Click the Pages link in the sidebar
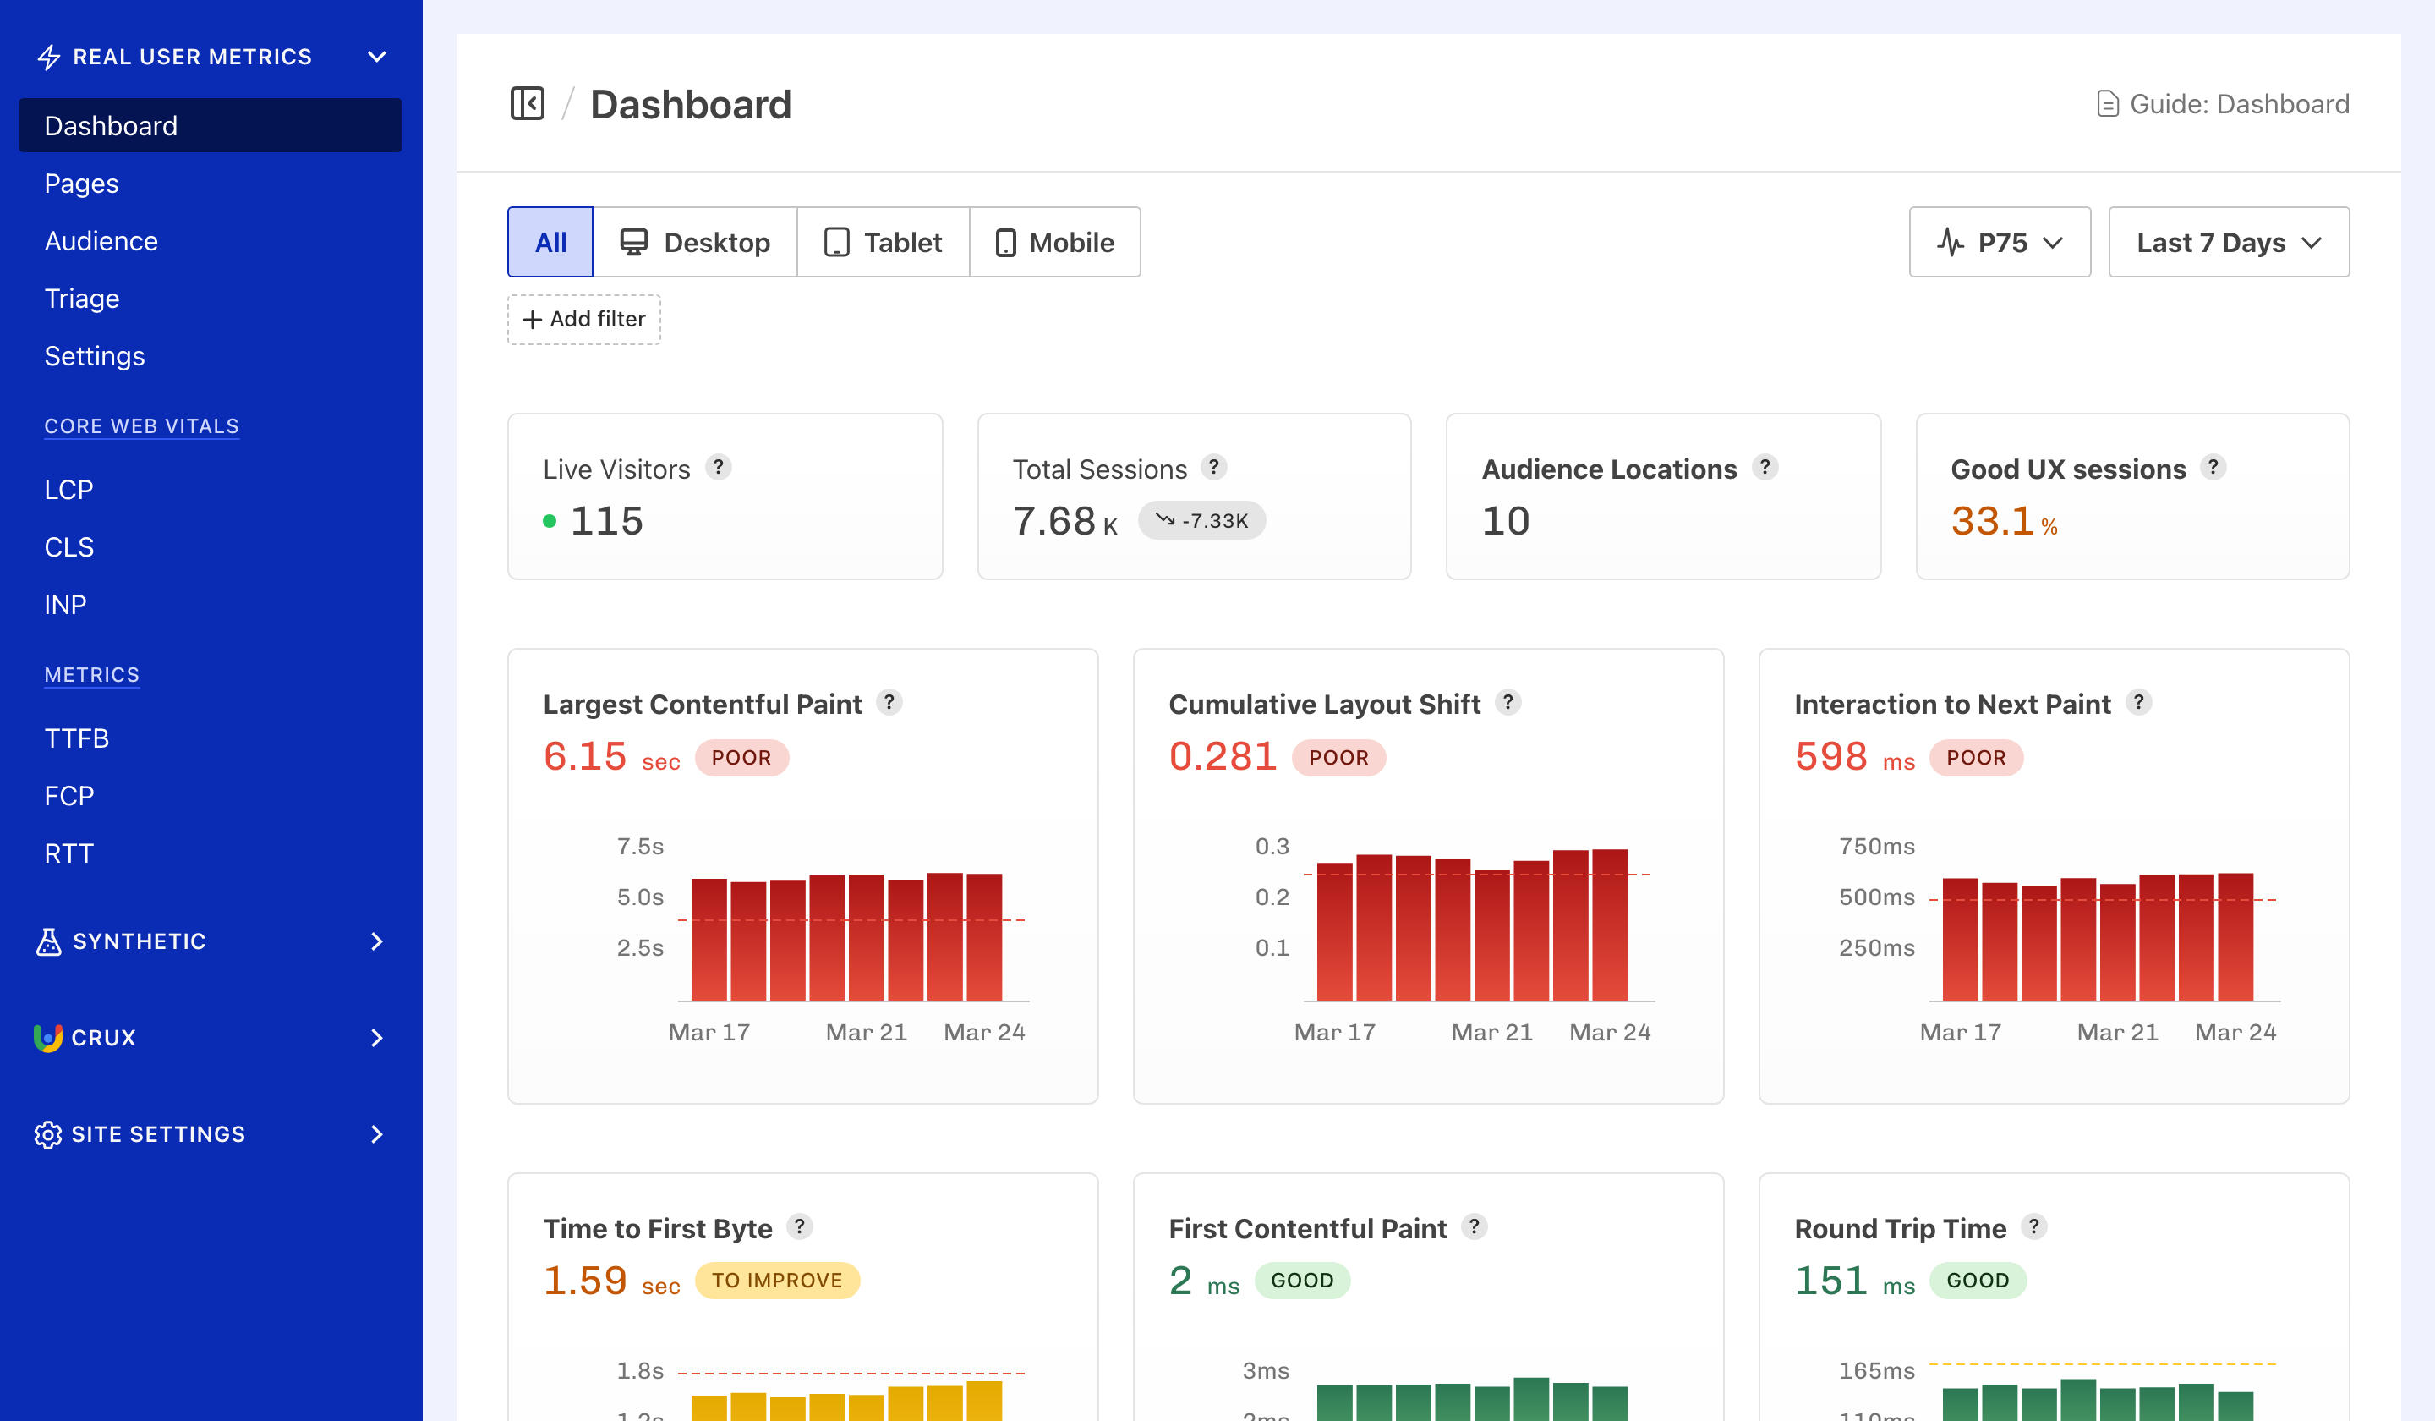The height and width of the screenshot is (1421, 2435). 81,184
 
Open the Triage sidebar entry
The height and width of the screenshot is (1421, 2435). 82,299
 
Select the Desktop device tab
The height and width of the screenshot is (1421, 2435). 695,243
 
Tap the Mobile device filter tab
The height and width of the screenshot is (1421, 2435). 1054,243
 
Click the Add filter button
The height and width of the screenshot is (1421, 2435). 583,319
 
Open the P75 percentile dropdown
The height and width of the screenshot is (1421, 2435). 2000,243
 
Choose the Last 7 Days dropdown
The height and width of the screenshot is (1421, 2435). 2227,243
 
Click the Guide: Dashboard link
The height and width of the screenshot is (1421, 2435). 2223,103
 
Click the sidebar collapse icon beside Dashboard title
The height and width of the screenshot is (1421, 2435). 528,103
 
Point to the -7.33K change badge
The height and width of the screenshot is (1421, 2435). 1201,521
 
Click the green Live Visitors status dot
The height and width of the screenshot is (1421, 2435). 550,522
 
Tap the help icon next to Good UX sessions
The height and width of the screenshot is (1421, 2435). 2213,468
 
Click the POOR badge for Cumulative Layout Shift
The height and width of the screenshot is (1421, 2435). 1338,758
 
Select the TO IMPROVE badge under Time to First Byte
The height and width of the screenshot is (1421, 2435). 777,1281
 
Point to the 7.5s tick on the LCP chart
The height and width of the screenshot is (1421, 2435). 640,847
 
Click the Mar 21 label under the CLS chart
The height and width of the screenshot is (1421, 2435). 1492,1033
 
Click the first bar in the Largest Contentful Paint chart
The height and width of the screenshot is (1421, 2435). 709,939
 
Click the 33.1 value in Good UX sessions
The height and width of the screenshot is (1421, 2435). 1991,522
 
